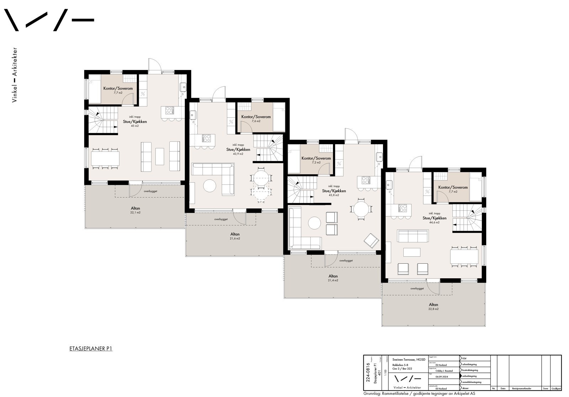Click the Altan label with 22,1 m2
click(x=135, y=208)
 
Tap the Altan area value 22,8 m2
click(x=433, y=309)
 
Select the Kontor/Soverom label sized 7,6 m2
click(x=256, y=117)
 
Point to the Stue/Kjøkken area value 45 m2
click(x=135, y=126)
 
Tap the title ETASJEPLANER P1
click(x=91, y=349)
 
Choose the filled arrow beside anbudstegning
click(x=461, y=376)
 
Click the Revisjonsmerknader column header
click(x=524, y=389)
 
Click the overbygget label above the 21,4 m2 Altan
click(x=346, y=261)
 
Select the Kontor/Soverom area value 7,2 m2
click(x=316, y=162)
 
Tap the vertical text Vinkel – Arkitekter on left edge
click(x=15, y=75)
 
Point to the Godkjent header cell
click(x=556, y=389)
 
